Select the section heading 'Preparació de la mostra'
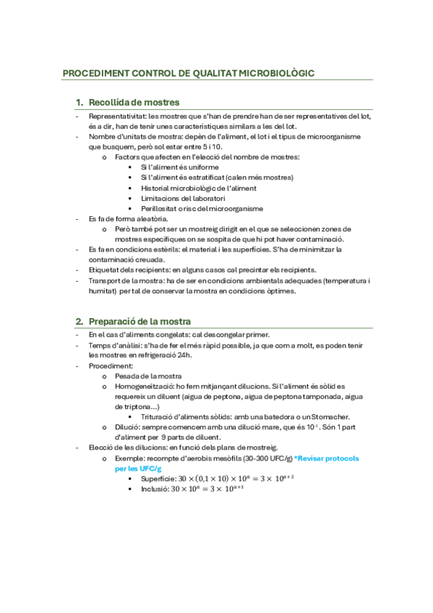(x=140, y=321)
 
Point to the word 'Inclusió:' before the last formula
(x=155, y=489)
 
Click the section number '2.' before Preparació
(x=80, y=321)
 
